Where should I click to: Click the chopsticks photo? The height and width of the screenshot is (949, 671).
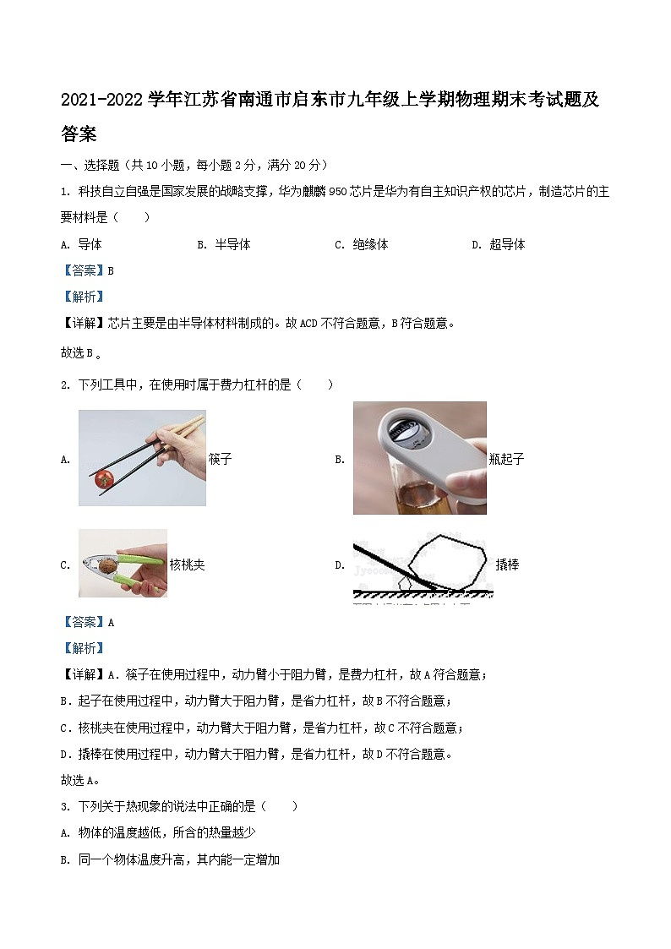tap(142, 457)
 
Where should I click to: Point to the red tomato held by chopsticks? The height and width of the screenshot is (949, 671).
tap(105, 477)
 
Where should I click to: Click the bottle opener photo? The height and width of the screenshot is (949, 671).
tap(419, 457)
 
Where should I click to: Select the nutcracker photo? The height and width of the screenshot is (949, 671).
tap(123, 563)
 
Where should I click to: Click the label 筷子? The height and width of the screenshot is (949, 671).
tap(220, 459)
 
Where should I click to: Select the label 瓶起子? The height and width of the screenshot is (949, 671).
tap(506, 459)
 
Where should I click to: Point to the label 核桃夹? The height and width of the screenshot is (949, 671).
tap(187, 564)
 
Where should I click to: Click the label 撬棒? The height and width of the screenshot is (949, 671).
tap(507, 564)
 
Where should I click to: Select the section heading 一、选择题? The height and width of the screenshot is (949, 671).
tap(95, 165)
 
